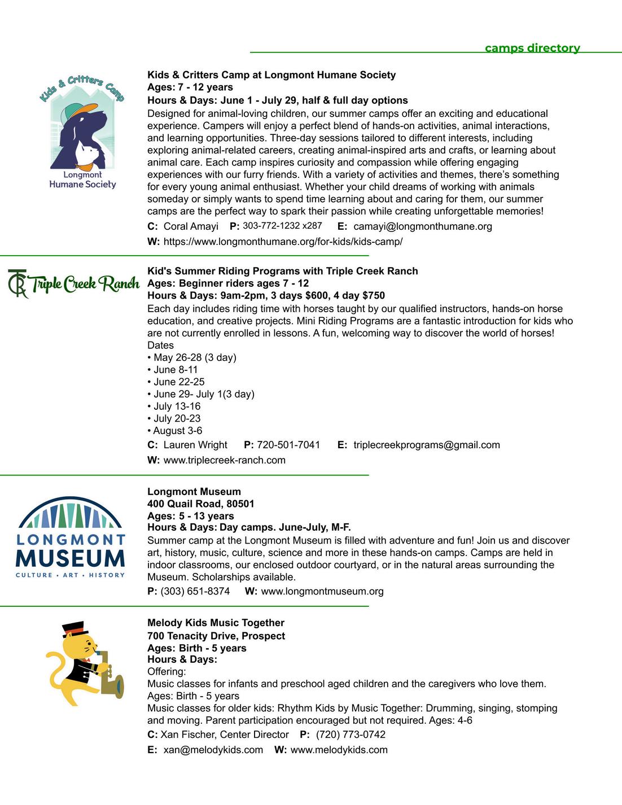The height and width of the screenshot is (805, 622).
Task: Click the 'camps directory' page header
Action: [x=532, y=48]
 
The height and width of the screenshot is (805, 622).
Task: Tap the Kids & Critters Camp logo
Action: [x=82, y=132]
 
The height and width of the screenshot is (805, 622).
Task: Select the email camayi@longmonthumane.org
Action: [x=422, y=226]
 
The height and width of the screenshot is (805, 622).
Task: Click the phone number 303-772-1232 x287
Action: [x=282, y=226]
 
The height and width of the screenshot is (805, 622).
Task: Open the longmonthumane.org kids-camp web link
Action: [x=283, y=242]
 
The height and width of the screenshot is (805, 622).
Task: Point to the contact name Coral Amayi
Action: [x=191, y=226]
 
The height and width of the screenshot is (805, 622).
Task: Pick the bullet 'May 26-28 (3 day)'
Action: [x=195, y=357]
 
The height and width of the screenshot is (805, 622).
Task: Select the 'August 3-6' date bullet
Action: [x=177, y=431]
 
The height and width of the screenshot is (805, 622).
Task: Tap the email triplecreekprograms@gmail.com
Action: [x=426, y=445]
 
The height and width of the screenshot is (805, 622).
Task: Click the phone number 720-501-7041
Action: [x=288, y=445]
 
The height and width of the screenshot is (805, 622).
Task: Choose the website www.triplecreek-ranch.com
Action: [x=224, y=460]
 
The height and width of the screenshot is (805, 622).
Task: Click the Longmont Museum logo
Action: [x=71, y=538]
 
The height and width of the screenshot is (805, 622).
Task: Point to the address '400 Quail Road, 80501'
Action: [x=200, y=504]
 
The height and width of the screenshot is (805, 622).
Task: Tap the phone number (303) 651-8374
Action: [x=195, y=591]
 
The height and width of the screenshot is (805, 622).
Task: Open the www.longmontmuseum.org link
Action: [x=322, y=591]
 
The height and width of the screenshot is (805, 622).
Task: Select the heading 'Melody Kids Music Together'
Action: [x=216, y=623]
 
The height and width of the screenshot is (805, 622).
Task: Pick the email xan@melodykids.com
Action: [x=213, y=750]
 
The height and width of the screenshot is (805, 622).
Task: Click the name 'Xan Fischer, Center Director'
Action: [x=224, y=734]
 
